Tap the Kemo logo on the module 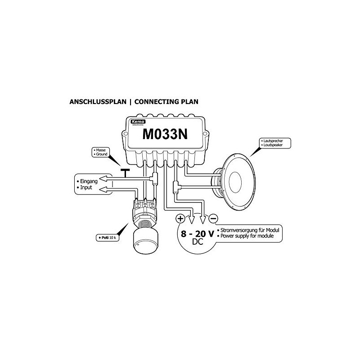135,122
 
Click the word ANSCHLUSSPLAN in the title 97,102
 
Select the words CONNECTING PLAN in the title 166,102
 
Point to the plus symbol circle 180,219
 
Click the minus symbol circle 213,219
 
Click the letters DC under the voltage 197,243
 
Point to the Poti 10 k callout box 107,237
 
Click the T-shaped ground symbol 124,172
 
